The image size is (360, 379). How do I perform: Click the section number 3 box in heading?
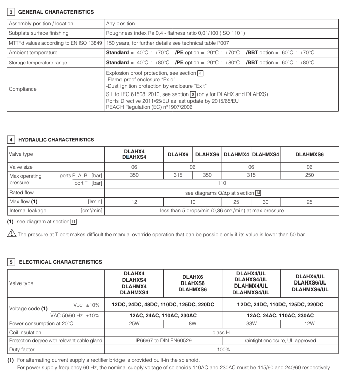point(10,11)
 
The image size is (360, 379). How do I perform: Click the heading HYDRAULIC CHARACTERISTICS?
point(56,139)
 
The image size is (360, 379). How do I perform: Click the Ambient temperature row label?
point(33,52)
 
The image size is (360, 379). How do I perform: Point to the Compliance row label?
point(23,89)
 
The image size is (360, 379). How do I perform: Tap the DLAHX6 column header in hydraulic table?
point(178,154)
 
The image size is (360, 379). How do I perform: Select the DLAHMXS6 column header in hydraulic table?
point(309,154)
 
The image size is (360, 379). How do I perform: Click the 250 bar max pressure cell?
point(309,175)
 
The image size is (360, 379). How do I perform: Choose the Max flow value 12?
point(134,201)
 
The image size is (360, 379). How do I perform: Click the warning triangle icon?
point(10,234)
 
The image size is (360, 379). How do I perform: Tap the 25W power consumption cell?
point(134,324)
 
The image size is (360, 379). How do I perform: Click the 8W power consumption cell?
point(192,324)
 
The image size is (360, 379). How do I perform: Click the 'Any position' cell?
point(121,23)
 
